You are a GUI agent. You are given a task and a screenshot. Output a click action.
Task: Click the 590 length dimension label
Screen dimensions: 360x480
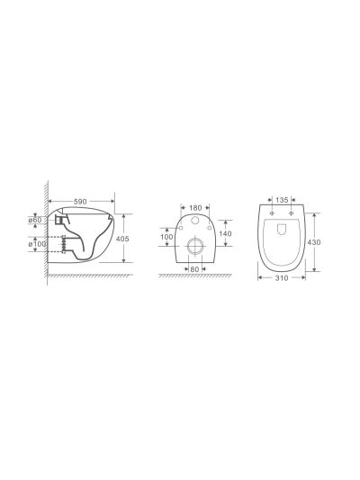click(x=80, y=202)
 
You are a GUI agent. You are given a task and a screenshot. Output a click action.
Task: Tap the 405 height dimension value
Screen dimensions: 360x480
click(x=122, y=239)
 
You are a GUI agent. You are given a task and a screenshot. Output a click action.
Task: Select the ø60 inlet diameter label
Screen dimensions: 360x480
click(x=35, y=220)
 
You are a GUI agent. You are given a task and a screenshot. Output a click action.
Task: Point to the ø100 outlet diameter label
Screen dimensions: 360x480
click(x=37, y=244)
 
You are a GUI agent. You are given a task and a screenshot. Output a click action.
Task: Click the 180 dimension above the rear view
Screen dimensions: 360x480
click(x=195, y=208)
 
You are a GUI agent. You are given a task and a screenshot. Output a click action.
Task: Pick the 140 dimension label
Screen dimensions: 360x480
click(x=225, y=233)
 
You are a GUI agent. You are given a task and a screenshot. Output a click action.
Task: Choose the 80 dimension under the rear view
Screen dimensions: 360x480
click(x=194, y=269)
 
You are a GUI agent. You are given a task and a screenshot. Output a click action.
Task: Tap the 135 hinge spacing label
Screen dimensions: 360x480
click(x=282, y=200)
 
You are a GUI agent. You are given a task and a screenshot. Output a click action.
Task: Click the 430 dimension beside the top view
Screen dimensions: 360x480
click(x=314, y=242)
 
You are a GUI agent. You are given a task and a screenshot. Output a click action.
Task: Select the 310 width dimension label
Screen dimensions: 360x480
click(x=282, y=278)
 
